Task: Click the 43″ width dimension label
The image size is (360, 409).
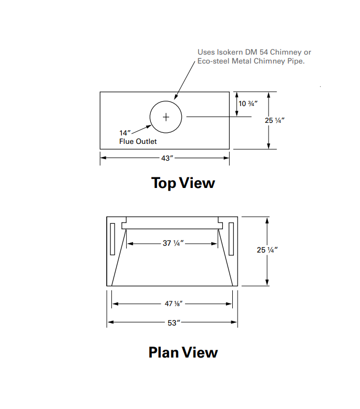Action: tap(167, 158)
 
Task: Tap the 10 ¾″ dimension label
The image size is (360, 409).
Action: tap(248, 103)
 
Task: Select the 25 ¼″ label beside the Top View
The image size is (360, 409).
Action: tap(274, 120)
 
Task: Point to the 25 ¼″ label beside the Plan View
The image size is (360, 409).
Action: tap(267, 250)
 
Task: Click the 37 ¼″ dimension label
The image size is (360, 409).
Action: tap(173, 243)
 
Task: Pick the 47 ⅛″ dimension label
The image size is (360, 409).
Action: tap(173, 303)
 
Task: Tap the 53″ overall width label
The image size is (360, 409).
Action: tap(174, 323)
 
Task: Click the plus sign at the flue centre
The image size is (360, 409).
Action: tap(166, 117)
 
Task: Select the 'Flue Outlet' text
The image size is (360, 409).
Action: tap(138, 141)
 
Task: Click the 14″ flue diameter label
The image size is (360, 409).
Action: tap(125, 133)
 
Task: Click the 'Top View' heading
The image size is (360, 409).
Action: tap(183, 183)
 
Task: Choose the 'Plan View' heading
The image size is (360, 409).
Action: tap(183, 352)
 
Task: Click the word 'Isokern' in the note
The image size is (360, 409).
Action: tap(230, 52)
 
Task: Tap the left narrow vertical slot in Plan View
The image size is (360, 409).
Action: tap(112, 239)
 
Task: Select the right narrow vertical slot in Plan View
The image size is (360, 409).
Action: tap(231, 239)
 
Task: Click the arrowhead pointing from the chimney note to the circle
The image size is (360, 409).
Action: tap(176, 97)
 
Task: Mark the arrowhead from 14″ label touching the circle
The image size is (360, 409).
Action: tap(149, 127)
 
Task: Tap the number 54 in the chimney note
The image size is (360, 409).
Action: tap(264, 52)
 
